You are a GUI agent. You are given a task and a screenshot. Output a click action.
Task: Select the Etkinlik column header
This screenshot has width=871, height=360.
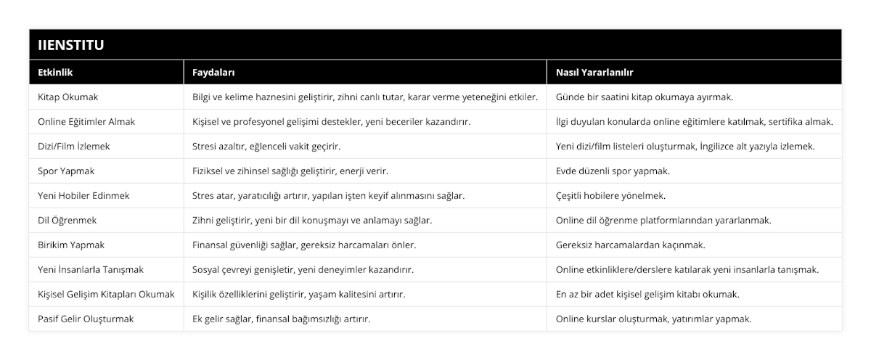55,73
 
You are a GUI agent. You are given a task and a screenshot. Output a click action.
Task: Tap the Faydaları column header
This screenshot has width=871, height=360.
213,73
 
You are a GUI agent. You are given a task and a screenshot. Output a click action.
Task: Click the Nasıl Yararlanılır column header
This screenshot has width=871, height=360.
594,73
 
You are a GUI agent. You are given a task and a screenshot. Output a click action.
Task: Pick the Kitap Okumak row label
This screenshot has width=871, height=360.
68,97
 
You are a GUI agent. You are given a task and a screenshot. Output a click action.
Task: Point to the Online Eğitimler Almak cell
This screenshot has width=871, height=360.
86,121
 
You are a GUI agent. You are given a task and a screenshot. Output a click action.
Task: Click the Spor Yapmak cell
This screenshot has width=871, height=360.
65,171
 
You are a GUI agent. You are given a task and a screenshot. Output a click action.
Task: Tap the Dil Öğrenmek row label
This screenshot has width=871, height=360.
67,220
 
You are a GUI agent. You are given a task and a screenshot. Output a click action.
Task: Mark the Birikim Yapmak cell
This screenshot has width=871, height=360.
70,245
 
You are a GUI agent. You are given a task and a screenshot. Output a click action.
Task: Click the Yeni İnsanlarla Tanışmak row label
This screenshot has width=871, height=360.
90,269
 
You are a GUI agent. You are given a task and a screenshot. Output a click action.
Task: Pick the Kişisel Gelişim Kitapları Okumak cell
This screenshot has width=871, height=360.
106,294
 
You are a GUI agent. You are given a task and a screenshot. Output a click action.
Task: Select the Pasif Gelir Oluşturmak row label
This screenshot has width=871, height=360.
86,319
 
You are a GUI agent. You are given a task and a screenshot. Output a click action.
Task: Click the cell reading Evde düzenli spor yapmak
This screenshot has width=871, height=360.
613,171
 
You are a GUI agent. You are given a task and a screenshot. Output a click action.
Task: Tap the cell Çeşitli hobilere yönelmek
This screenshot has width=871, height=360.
610,195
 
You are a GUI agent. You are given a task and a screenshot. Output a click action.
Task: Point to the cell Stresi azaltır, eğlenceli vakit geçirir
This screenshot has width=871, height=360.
266,146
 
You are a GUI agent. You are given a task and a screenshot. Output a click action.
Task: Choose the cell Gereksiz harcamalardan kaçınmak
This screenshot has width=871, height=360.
630,245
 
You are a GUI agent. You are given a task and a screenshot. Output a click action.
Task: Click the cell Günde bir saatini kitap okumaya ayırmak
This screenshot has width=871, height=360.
645,97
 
